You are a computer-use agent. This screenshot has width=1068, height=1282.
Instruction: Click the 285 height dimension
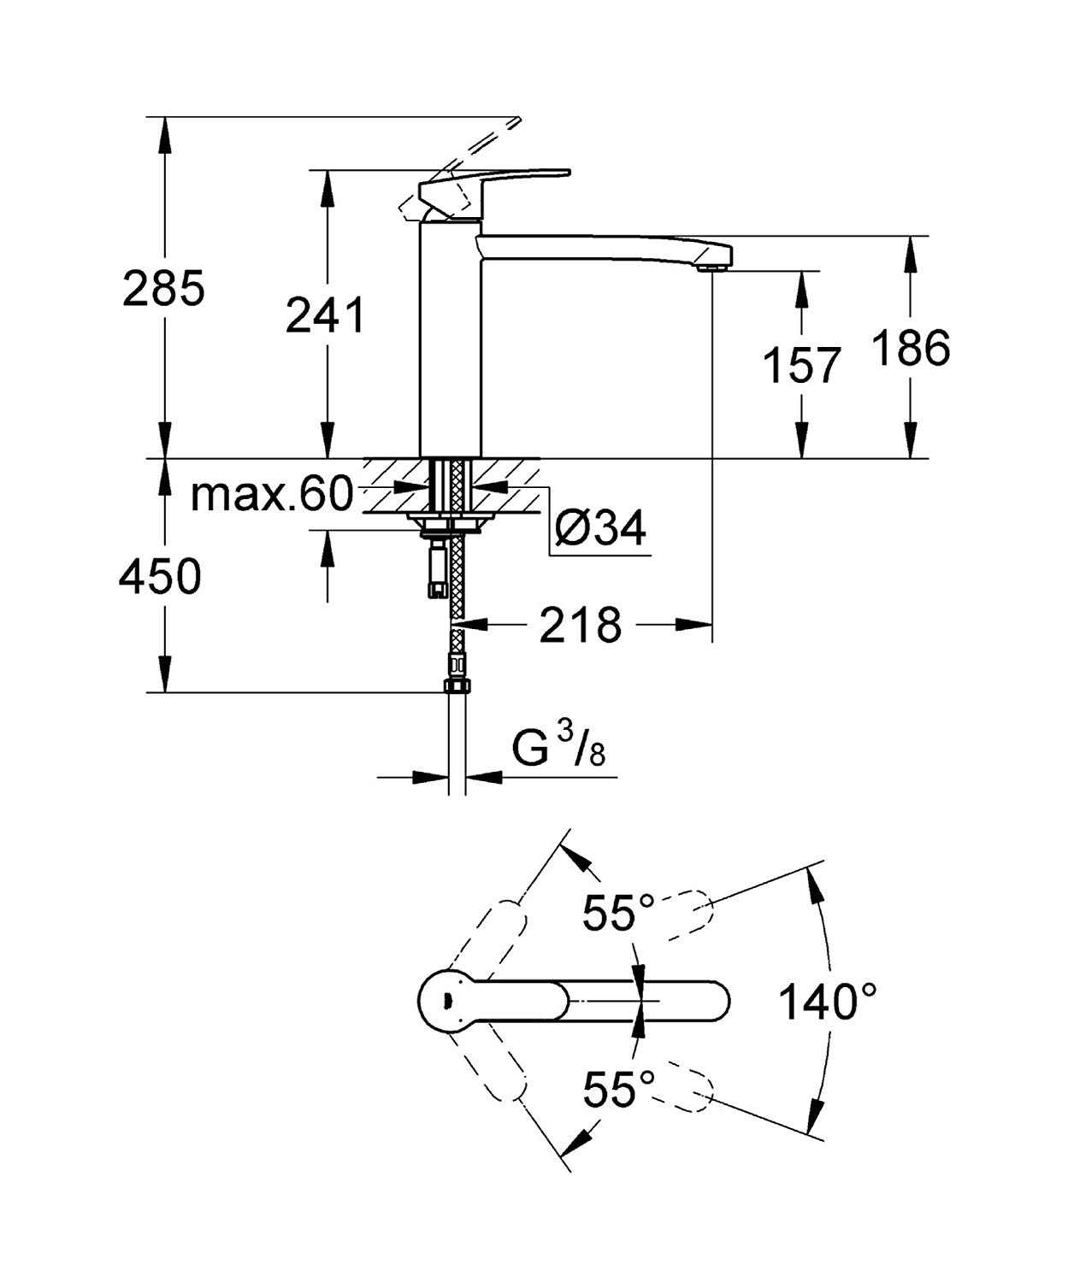(164, 288)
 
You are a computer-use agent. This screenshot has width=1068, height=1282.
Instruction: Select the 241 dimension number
(325, 315)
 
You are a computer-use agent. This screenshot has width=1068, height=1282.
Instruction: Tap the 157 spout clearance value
(801, 366)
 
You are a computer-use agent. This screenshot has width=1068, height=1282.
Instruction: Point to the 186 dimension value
(912, 348)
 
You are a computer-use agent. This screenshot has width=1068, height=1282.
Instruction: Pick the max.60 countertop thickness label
(271, 495)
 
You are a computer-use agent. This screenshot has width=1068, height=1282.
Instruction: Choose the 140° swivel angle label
(827, 1001)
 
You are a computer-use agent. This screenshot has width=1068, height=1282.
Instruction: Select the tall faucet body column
(451, 342)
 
